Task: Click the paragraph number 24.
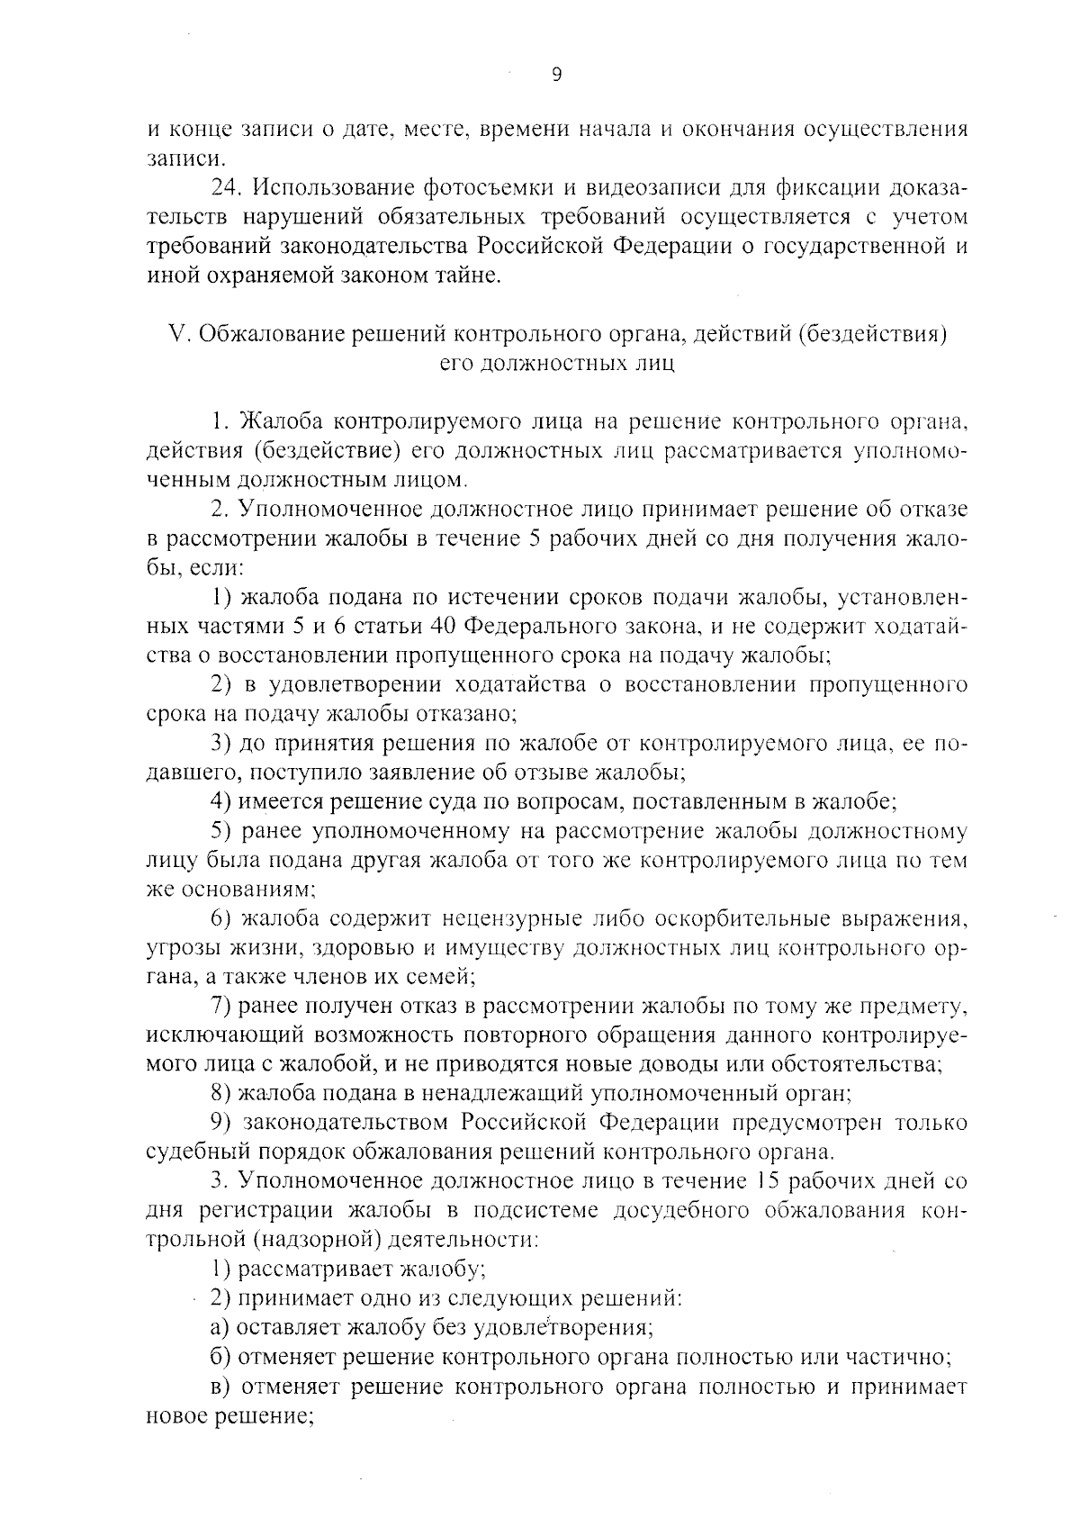click(x=225, y=188)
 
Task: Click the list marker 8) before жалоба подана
click(x=221, y=1094)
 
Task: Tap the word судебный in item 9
click(x=186, y=1152)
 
